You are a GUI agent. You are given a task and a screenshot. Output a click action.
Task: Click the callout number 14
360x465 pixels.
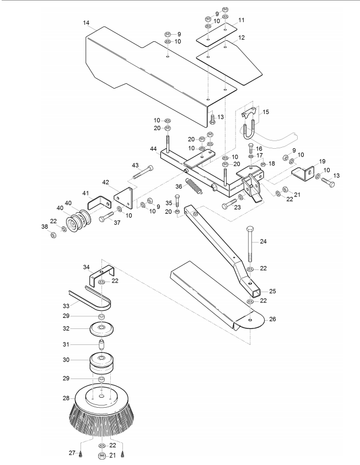(86, 23)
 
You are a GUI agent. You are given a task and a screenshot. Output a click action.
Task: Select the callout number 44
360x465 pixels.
(153, 148)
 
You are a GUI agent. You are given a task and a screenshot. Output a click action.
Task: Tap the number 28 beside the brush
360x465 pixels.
(66, 398)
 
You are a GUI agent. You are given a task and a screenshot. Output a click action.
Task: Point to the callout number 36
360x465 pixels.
(179, 186)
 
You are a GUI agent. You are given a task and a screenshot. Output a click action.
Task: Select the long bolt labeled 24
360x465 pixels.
(250, 244)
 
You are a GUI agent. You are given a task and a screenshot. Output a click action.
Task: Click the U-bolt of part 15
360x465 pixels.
(249, 131)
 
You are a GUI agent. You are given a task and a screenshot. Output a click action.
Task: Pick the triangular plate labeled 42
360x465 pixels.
(123, 198)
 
